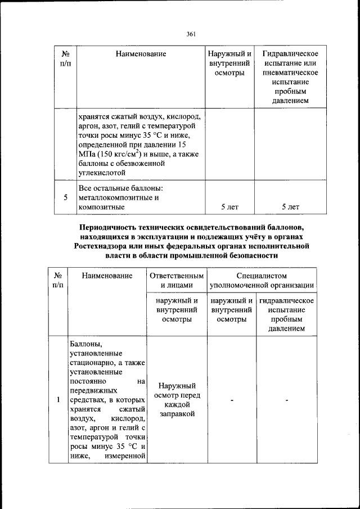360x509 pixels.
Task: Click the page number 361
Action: tap(190, 34)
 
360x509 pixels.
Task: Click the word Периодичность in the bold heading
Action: tap(109, 227)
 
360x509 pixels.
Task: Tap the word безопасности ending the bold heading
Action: tap(245, 255)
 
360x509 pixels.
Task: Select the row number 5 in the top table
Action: tap(66, 197)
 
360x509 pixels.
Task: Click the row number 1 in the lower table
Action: tap(58, 400)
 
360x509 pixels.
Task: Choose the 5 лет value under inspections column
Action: tap(229, 207)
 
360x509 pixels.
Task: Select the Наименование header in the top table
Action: tap(141, 54)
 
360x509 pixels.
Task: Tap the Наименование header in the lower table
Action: tap(107, 276)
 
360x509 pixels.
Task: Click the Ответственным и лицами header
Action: tap(178, 281)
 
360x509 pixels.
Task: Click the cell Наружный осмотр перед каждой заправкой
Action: tap(178, 400)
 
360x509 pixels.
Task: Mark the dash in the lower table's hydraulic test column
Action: tap(286, 400)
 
